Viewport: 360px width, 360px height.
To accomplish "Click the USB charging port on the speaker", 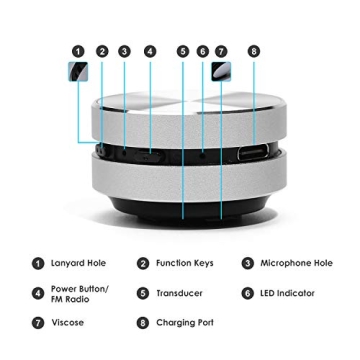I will [249, 156].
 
